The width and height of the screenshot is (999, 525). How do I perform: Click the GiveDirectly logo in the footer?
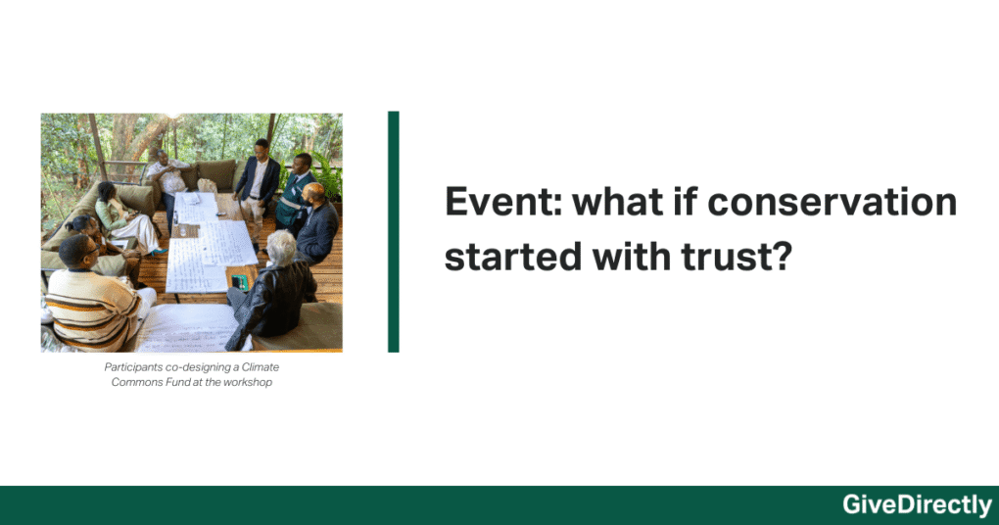917,505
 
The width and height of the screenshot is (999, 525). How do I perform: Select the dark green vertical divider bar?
394,231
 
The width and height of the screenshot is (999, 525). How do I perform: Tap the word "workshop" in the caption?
248,382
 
